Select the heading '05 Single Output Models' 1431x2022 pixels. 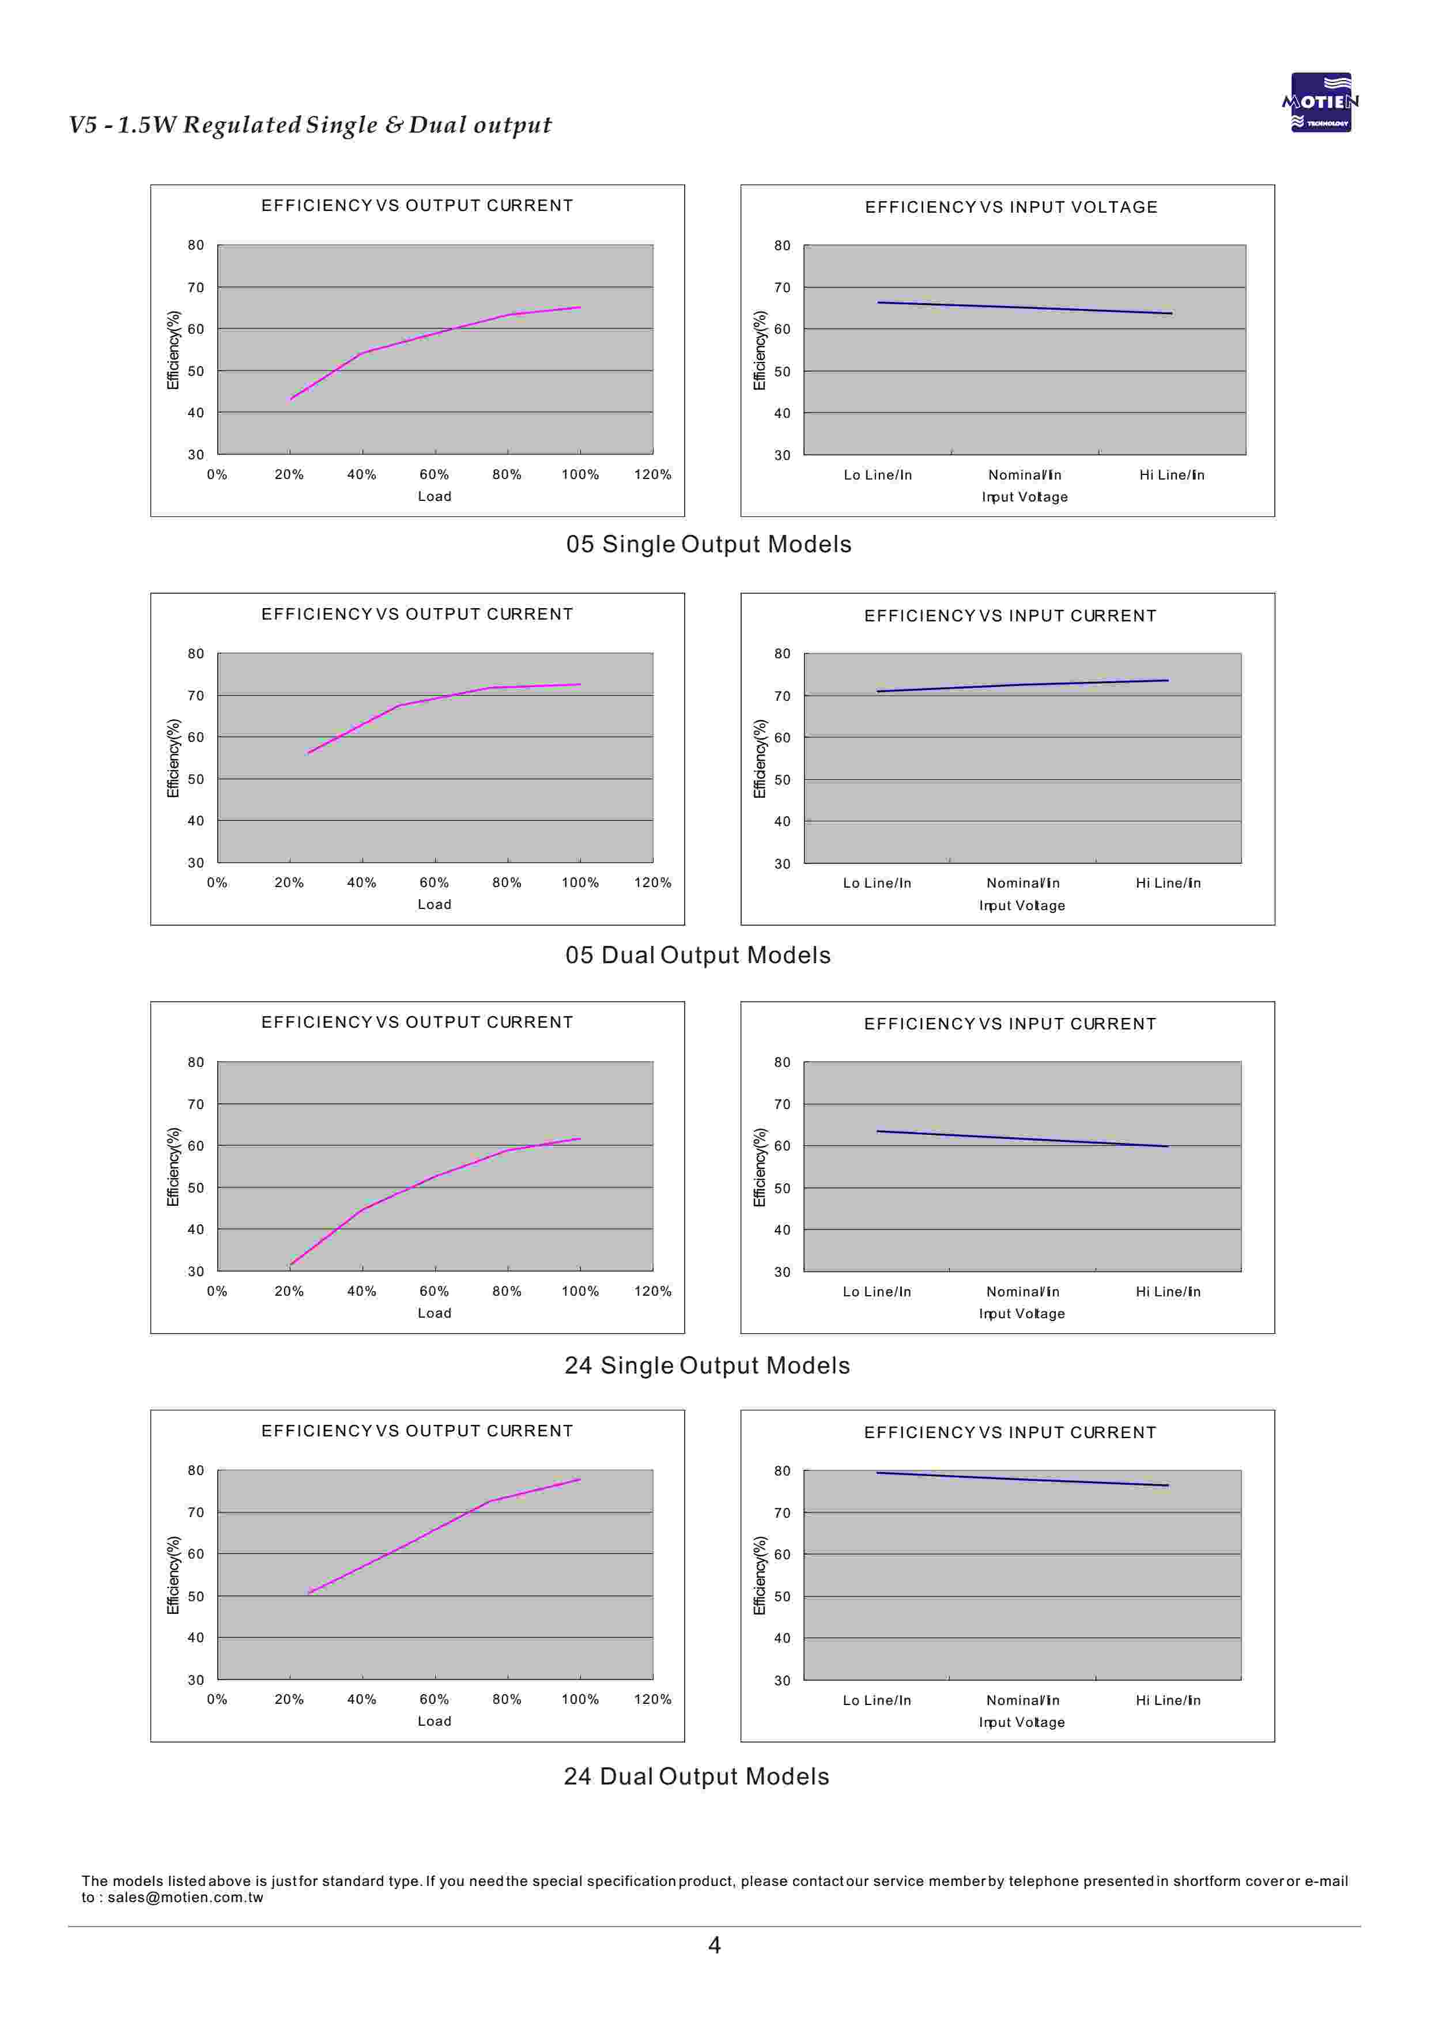coord(708,545)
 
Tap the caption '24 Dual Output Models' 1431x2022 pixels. coord(696,1776)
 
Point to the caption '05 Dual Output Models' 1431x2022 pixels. coord(698,955)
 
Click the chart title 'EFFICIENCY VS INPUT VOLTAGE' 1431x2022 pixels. coord(1011,207)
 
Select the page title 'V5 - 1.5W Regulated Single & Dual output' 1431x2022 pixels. coord(310,125)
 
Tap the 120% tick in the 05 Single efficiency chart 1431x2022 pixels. coord(652,475)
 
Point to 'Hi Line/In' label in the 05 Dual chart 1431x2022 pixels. coord(1168,883)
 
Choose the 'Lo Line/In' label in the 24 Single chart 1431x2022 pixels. coord(877,1292)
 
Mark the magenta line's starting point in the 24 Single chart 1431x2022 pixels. coord(291,1265)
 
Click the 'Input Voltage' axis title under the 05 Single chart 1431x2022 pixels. coord(1024,497)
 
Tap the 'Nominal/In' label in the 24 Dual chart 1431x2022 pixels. coord(1022,1700)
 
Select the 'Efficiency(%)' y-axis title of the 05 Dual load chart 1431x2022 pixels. coord(173,759)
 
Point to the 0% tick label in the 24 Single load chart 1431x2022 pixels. coord(217,1292)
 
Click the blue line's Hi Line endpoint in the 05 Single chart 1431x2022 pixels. coord(1171,314)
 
